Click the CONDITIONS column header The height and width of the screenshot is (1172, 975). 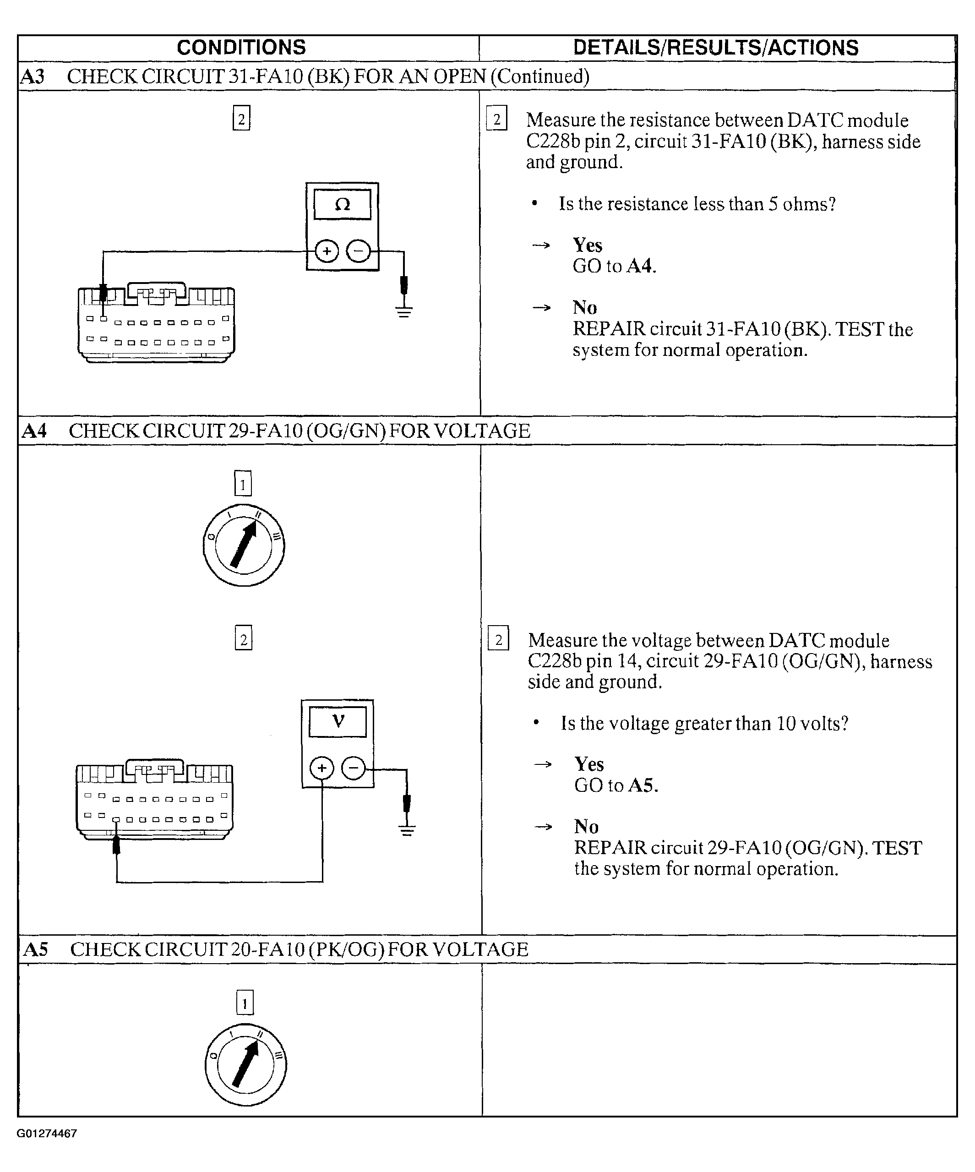[241, 48]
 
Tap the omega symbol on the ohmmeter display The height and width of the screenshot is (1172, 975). [342, 205]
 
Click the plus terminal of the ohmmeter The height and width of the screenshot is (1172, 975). [327, 251]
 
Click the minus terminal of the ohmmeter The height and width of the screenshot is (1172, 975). [358, 251]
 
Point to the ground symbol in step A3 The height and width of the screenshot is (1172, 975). [404, 311]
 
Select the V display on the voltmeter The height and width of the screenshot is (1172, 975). [338, 722]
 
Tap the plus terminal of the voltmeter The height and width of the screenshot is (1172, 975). [321, 769]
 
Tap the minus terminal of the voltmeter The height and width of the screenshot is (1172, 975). [353, 769]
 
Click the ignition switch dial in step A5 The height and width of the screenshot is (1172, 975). [245, 1064]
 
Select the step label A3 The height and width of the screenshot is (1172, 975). [33, 76]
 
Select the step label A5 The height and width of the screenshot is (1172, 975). [35, 949]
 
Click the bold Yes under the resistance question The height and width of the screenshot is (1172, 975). [587, 245]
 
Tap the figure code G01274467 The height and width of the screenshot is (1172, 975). [47, 1134]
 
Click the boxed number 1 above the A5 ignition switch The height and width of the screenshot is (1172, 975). [245, 1003]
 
